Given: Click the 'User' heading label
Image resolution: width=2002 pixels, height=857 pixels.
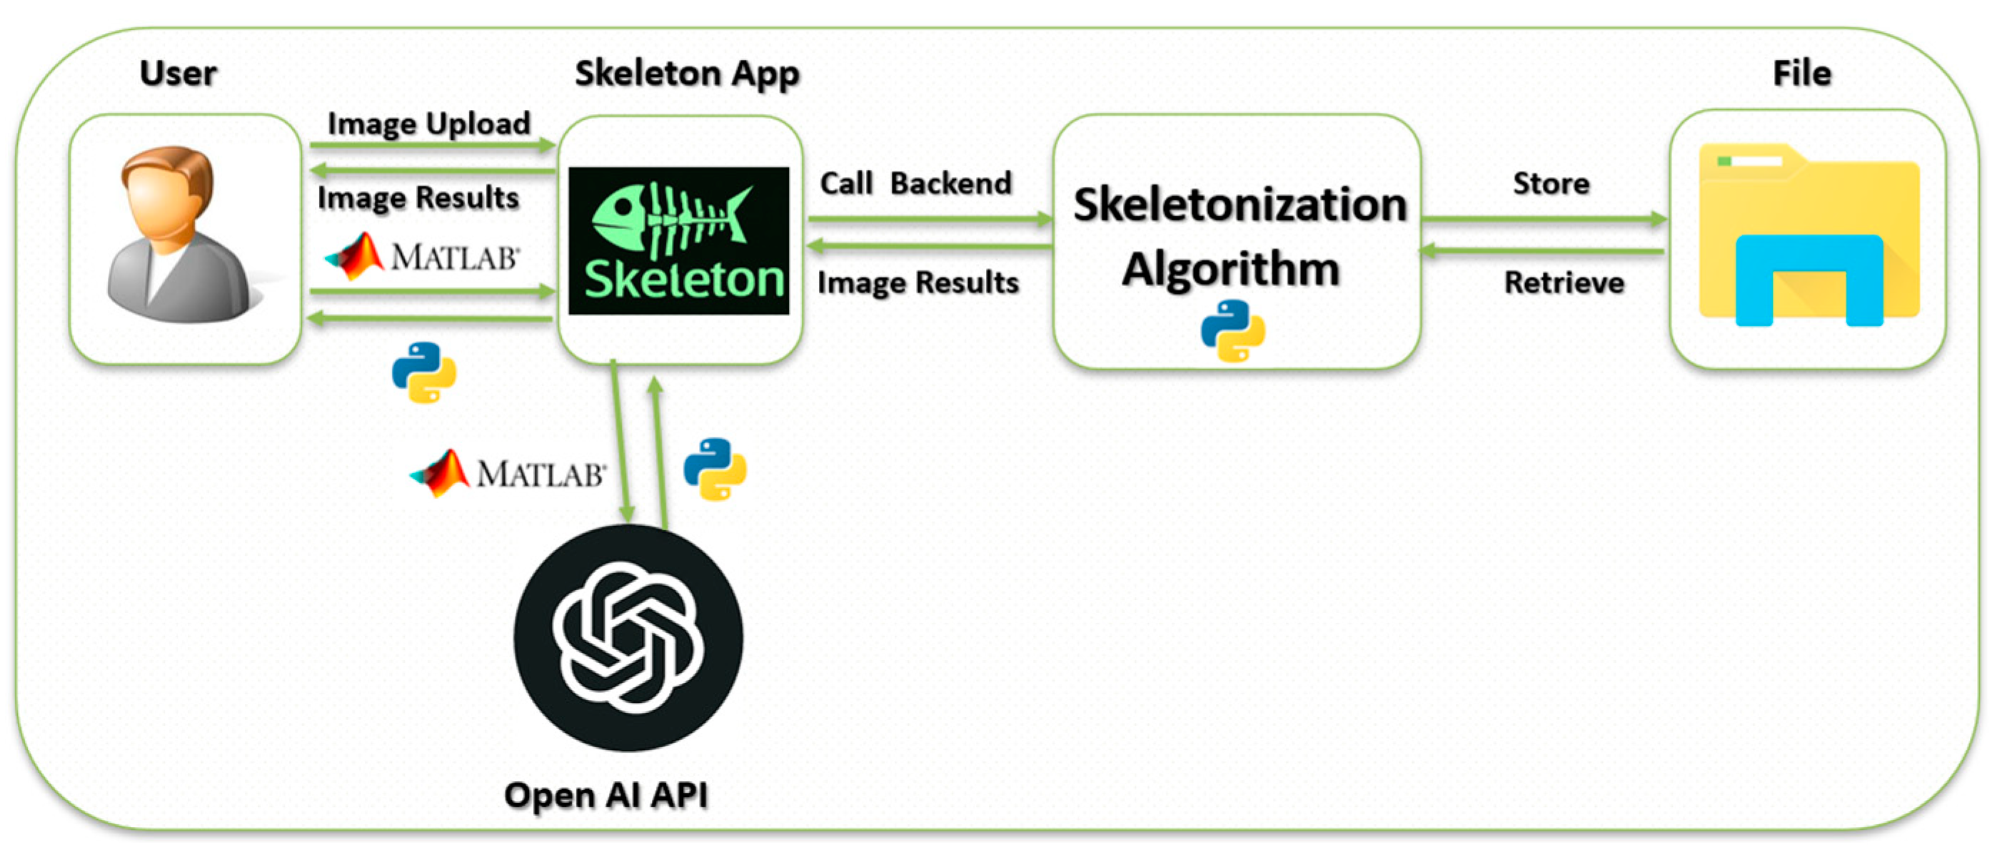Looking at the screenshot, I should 178,73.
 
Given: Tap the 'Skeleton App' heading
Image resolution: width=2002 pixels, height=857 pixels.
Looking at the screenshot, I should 686,73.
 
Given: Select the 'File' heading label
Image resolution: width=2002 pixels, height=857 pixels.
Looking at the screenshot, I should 1801,73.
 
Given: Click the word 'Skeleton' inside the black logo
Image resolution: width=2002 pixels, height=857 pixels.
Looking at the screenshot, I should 683,280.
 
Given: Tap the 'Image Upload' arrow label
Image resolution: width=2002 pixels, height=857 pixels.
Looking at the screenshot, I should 429,123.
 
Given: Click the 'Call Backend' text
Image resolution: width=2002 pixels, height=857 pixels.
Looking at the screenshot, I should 915,183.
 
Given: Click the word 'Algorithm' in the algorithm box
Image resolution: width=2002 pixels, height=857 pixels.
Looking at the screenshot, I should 1231,269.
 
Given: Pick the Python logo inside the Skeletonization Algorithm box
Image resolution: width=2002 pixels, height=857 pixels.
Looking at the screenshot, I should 1232,331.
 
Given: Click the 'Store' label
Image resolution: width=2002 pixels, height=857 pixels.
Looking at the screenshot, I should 1551,183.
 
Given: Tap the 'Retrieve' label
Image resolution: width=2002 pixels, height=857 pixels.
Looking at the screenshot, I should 1564,282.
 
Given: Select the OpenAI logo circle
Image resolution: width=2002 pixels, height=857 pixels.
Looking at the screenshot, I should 628,638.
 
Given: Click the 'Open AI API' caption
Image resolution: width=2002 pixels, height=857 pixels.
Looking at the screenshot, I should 606,795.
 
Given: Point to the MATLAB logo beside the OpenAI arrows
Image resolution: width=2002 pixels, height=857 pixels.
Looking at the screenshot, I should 508,472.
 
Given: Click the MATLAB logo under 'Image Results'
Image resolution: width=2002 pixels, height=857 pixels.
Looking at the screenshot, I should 422,255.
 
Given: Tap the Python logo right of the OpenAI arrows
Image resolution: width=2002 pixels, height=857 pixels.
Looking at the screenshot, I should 715,469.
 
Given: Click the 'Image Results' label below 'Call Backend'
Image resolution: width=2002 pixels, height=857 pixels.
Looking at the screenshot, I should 918,282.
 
